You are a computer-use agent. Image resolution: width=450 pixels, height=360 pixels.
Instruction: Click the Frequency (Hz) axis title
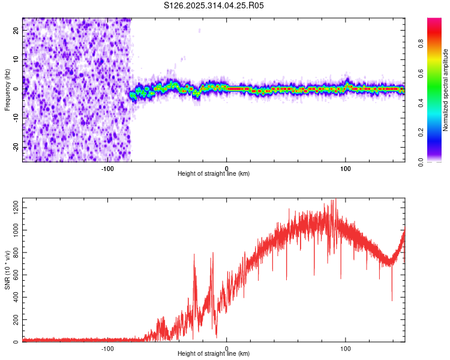click(x=7, y=89)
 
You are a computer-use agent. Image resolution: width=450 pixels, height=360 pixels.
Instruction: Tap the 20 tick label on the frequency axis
click(x=16, y=31)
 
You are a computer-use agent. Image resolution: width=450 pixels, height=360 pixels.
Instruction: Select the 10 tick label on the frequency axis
click(x=16, y=60)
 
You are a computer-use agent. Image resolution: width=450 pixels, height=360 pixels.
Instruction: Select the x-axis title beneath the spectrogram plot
click(x=214, y=174)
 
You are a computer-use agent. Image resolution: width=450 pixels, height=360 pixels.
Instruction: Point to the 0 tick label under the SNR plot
click(x=226, y=349)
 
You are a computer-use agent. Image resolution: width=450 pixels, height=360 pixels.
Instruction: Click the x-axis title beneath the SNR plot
click(x=214, y=354)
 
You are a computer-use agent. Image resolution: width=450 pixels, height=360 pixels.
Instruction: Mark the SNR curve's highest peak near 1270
click(x=335, y=200)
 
